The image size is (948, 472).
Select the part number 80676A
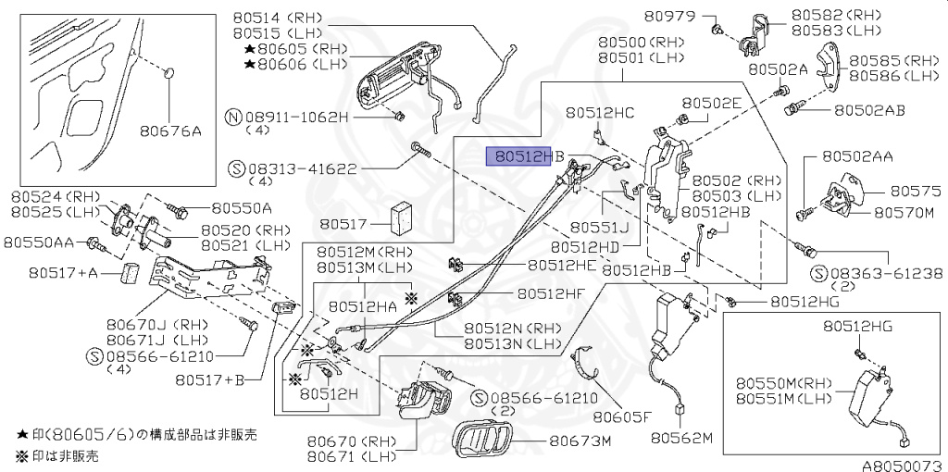click(x=171, y=131)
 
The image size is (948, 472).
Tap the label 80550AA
click(x=39, y=242)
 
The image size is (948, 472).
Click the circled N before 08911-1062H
click(x=234, y=118)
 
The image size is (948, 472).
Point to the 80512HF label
click(x=552, y=293)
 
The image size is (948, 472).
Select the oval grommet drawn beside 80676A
click(x=168, y=73)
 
